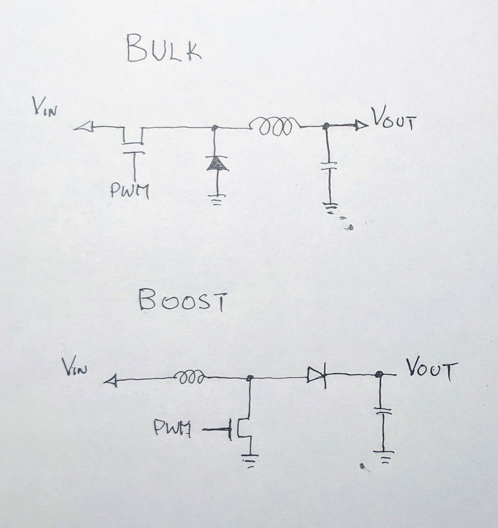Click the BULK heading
[163, 50]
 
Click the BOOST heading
[183, 302]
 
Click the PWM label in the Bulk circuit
[130, 191]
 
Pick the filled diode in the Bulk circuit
[217, 164]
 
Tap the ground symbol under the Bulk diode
[217, 200]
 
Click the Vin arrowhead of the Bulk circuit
[83, 127]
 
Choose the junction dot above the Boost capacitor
[378, 375]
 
